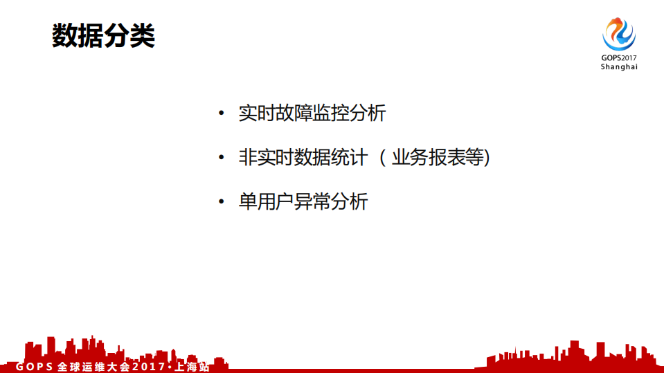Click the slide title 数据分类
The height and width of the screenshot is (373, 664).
pyautogui.click(x=104, y=37)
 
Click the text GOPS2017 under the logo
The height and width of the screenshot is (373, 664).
pyautogui.click(x=618, y=58)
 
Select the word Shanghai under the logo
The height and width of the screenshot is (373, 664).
pyautogui.click(x=618, y=67)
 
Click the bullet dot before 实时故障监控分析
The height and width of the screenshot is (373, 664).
pyautogui.click(x=221, y=113)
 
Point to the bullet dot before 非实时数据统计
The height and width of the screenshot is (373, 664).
pyautogui.click(x=221, y=158)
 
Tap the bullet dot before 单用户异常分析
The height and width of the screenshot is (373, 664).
pyautogui.click(x=221, y=202)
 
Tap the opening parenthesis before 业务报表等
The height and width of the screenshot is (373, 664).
pyautogui.click(x=382, y=158)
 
